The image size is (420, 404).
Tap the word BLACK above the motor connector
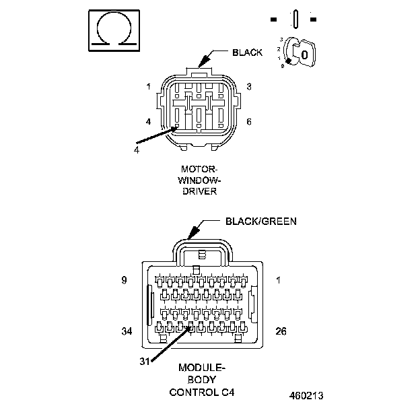tap(247, 52)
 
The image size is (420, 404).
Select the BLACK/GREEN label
tap(260, 221)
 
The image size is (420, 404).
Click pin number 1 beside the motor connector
tap(148, 86)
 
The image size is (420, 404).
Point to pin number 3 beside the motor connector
tap(248, 86)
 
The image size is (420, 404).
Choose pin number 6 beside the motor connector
tap(248, 122)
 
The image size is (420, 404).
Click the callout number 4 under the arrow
tap(137, 149)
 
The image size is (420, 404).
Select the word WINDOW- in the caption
tap(200, 180)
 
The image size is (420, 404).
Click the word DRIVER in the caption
tap(199, 191)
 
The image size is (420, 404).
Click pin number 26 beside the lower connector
tap(281, 331)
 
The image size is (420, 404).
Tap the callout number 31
tap(144, 361)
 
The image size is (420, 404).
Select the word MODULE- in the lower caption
tap(202, 368)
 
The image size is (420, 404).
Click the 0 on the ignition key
tap(304, 54)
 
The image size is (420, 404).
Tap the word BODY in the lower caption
tap(202, 380)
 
